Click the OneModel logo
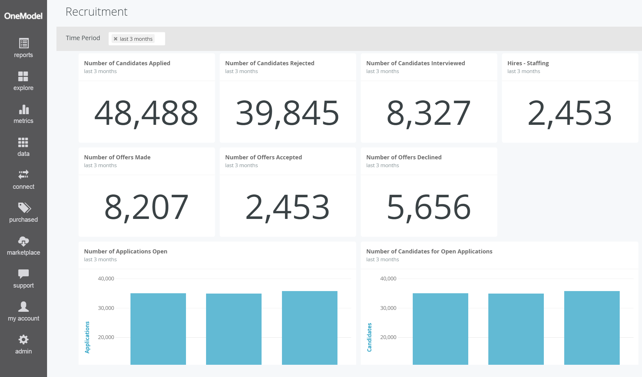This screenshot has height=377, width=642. pos(23,16)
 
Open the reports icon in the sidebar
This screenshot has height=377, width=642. pos(24,43)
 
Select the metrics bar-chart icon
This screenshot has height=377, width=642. pos(24,109)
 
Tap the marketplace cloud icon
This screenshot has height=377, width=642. pos(24,241)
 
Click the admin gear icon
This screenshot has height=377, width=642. pos(24,339)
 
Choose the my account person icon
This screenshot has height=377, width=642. pos(24,306)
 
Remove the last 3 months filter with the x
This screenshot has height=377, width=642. pos(116,39)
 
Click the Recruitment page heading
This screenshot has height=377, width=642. pos(96,12)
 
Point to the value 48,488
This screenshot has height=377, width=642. pos(146,113)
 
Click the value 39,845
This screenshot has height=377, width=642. pos(287,113)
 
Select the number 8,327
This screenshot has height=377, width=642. pos(428,113)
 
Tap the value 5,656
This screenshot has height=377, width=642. pos(428,207)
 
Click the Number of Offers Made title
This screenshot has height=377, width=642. pos(117,157)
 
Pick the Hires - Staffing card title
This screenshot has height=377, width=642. pos(528,63)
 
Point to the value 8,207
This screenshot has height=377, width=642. pos(146,207)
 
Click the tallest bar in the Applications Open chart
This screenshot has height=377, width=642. pos(310,328)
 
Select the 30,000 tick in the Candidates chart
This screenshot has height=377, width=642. pos(388,308)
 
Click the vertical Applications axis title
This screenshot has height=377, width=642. pos(87,337)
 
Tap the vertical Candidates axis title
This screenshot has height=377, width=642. pos(369,337)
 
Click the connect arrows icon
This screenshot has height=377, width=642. pos(24,174)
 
